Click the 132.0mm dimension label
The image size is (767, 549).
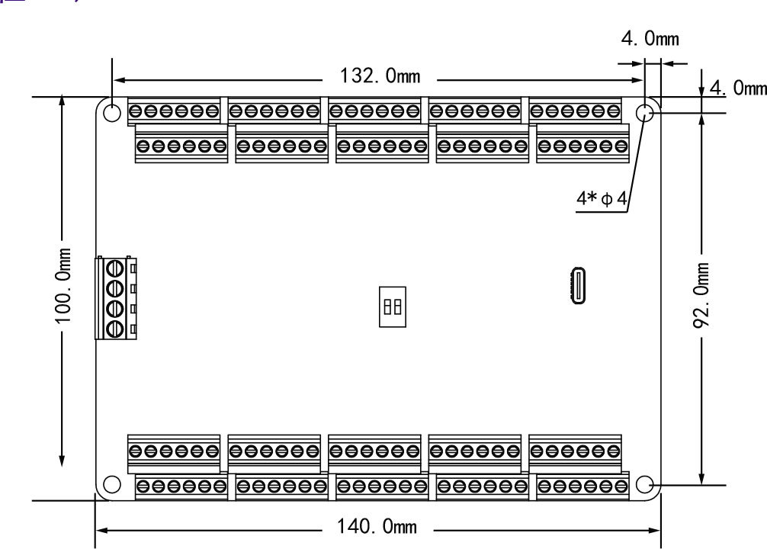point(380,77)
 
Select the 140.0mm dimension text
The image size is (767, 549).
point(378,527)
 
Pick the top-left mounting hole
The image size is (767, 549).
point(111,114)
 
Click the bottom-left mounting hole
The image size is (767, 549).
point(111,484)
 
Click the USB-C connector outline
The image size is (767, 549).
point(578,286)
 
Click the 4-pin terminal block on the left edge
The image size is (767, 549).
point(115,298)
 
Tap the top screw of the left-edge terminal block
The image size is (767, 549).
point(115,269)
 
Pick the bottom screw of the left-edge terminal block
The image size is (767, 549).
point(115,328)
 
